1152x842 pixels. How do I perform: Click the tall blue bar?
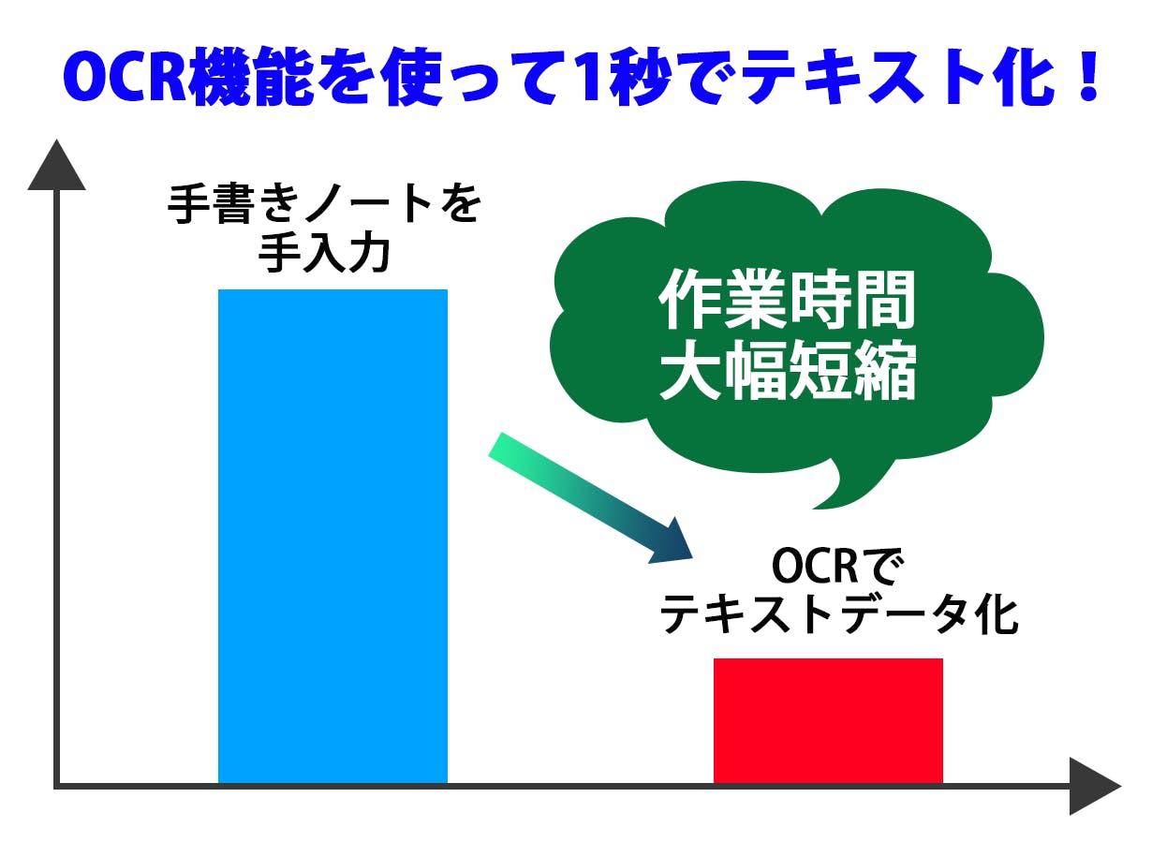click(332, 536)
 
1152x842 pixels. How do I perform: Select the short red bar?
click(828, 720)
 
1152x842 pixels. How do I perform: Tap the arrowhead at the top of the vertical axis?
click(56, 165)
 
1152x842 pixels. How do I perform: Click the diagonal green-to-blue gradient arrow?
click(590, 498)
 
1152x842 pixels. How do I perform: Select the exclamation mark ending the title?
click(1087, 75)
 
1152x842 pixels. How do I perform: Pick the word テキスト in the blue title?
click(865, 77)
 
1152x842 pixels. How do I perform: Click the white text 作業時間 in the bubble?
click(787, 301)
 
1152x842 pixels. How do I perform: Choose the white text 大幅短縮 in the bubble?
click(788, 370)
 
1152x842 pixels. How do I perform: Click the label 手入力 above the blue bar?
click(323, 253)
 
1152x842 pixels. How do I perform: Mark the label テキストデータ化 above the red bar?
click(837, 615)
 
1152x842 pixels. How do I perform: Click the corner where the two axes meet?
click(56, 786)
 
